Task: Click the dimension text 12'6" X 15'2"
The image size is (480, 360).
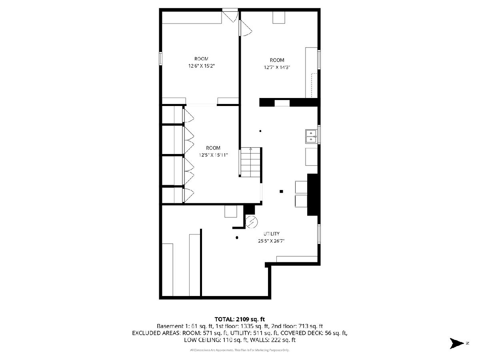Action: pyautogui.click(x=202, y=66)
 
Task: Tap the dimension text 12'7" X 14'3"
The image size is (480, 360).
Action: pyautogui.click(x=277, y=67)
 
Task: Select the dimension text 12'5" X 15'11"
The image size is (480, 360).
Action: pyautogui.click(x=213, y=155)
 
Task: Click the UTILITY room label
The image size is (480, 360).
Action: pyautogui.click(x=271, y=234)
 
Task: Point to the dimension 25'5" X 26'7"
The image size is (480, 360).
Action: pyautogui.click(x=271, y=241)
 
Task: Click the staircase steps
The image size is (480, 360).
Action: pyautogui.click(x=251, y=162)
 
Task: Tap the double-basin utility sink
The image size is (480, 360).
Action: pyautogui.click(x=311, y=136)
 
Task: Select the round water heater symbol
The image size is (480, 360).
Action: pyautogui.click(x=252, y=222)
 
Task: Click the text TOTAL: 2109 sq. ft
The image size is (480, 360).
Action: pyautogui.click(x=240, y=319)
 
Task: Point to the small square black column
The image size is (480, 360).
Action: pyautogui.click(x=282, y=192)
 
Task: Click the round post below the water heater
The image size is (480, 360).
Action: pyautogui.click(x=237, y=238)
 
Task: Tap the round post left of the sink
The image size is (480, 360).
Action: pyautogui.click(x=260, y=131)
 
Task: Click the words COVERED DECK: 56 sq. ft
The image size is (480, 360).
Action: pyautogui.click(x=314, y=333)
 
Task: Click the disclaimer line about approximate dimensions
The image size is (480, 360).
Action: pyautogui.click(x=240, y=350)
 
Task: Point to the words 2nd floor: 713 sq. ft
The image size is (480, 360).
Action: pyautogui.click(x=297, y=326)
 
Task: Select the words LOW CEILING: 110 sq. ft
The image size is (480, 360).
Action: pyautogui.click(x=216, y=340)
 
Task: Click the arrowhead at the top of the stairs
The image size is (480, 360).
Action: pyautogui.click(x=251, y=149)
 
